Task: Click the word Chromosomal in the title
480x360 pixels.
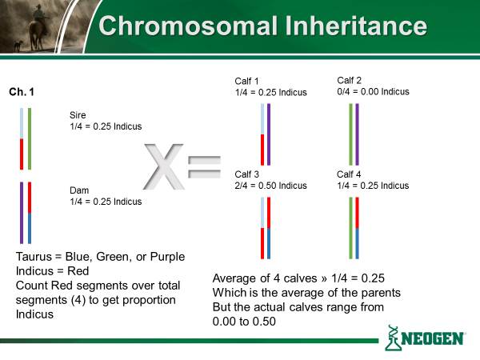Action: (189, 26)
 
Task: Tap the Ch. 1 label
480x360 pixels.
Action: (22, 91)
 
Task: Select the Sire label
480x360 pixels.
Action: (78, 115)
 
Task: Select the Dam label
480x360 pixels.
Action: (79, 190)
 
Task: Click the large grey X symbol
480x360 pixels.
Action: (163, 166)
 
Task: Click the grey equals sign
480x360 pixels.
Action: (204, 167)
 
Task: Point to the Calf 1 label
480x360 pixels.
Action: (246, 81)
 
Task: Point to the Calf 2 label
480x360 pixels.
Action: (350, 80)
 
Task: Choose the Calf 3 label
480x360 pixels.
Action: (246, 174)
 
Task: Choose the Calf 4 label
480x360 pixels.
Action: (349, 174)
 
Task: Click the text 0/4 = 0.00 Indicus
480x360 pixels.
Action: (373, 91)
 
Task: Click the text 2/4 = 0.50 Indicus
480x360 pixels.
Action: (271, 186)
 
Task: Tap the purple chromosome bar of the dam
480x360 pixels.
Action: (22, 213)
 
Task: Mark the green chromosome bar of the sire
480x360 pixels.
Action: (30, 138)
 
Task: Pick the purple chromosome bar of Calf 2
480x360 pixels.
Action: (358, 134)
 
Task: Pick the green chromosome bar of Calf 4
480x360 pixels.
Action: (351, 228)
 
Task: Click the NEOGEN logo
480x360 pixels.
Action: (426, 338)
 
